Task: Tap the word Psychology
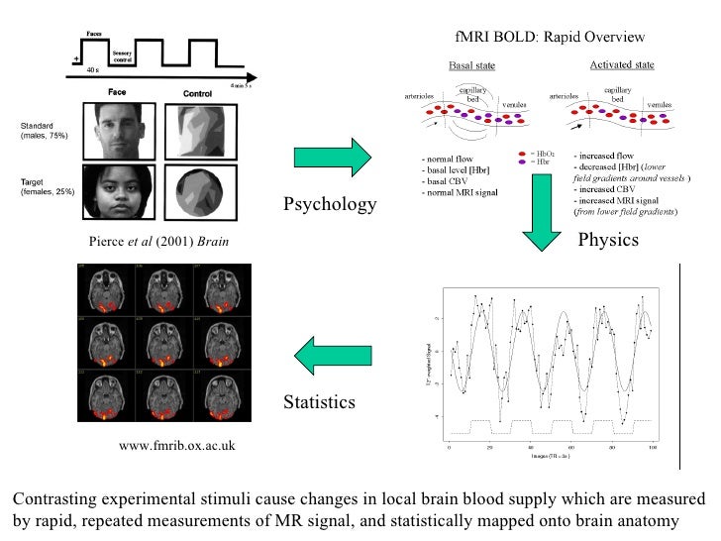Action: (330, 205)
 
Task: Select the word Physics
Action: (608, 240)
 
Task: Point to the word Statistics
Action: (319, 402)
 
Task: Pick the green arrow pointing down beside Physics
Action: (542, 230)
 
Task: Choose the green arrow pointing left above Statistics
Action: (330, 356)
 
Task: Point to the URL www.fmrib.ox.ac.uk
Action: (177, 446)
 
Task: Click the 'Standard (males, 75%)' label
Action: (45, 131)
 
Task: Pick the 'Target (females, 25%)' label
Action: (45, 186)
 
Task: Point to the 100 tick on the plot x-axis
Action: (652, 448)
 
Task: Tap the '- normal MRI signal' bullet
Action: (458, 188)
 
